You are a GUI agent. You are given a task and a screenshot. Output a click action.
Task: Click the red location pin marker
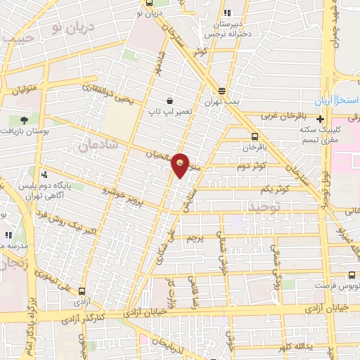(181, 165)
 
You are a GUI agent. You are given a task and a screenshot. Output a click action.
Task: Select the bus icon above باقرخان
(254, 137)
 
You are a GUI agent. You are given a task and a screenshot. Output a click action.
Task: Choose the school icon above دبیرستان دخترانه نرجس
(226, 13)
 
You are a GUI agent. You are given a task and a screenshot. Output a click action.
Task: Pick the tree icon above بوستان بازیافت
(25, 120)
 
